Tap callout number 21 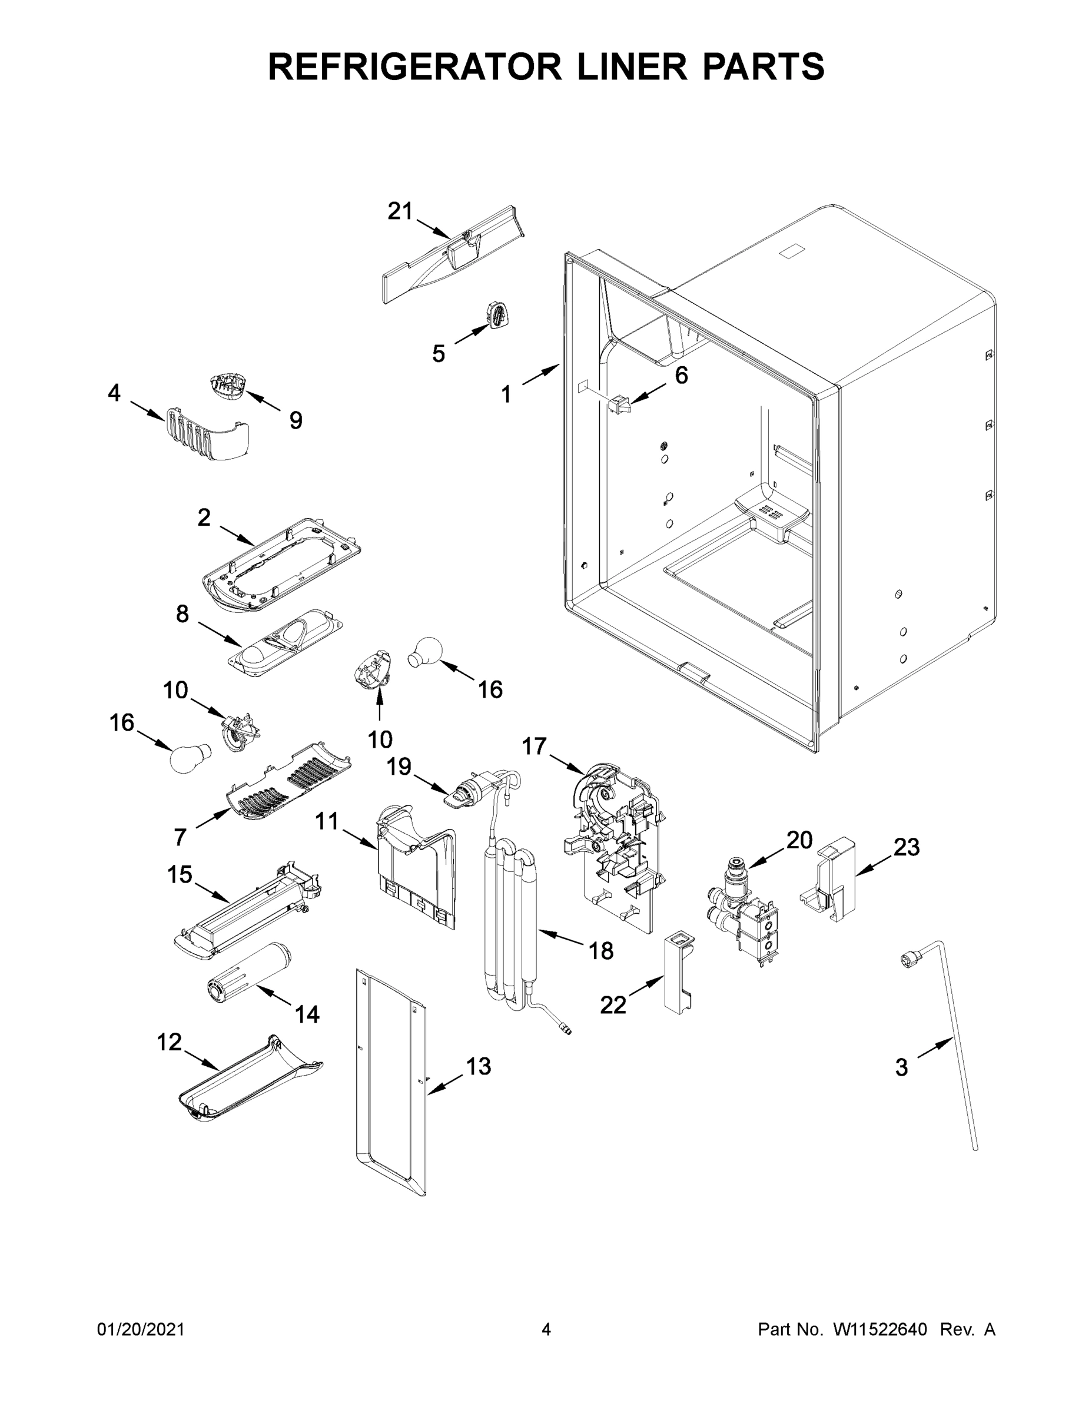click(x=400, y=211)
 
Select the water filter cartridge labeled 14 click(x=249, y=982)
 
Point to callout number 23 click(x=907, y=847)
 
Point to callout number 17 click(x=535, y=746)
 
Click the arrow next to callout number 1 click(x=541, y=375)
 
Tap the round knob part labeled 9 click(x=227, y=386)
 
